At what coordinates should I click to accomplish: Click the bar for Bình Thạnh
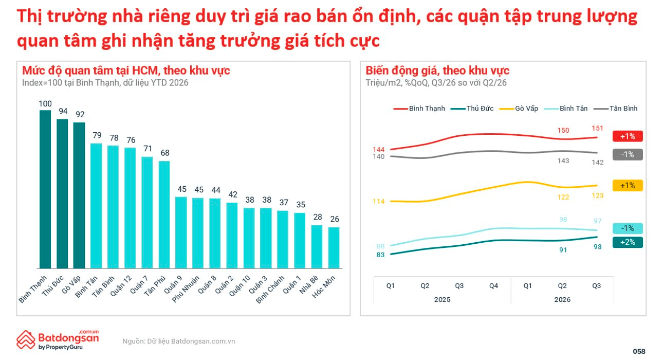(x=45, y=189)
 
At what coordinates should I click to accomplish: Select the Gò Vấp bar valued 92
(x=79, y=195)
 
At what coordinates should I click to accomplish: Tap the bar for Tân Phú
(x=164, y=214)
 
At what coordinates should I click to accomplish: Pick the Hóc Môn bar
(x=334, y=248)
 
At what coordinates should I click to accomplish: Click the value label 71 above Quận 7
(x=148, y=149)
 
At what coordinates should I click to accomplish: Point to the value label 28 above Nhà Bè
(x=318, y=217)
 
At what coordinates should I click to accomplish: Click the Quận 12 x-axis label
(x=121, y=286)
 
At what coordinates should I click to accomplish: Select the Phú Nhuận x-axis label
(x=186, y=289)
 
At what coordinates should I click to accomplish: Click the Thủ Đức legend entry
(x=472, y=109)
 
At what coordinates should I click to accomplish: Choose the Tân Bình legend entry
(x=615, y=109)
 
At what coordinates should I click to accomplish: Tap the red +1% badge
(x=628, y=136)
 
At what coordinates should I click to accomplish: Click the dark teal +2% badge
(x=628, y=242)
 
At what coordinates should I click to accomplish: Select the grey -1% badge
(x=628, y=154)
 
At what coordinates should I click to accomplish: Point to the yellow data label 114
(x=379, y=202)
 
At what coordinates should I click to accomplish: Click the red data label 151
(x=597, y=128)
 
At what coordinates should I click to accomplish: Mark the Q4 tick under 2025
(x=493, y=286)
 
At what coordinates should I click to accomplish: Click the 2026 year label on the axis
(x=562, y=299)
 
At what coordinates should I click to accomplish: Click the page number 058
(x=639, y=351)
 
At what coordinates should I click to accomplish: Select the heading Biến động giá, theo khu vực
(x=437, y=71)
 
